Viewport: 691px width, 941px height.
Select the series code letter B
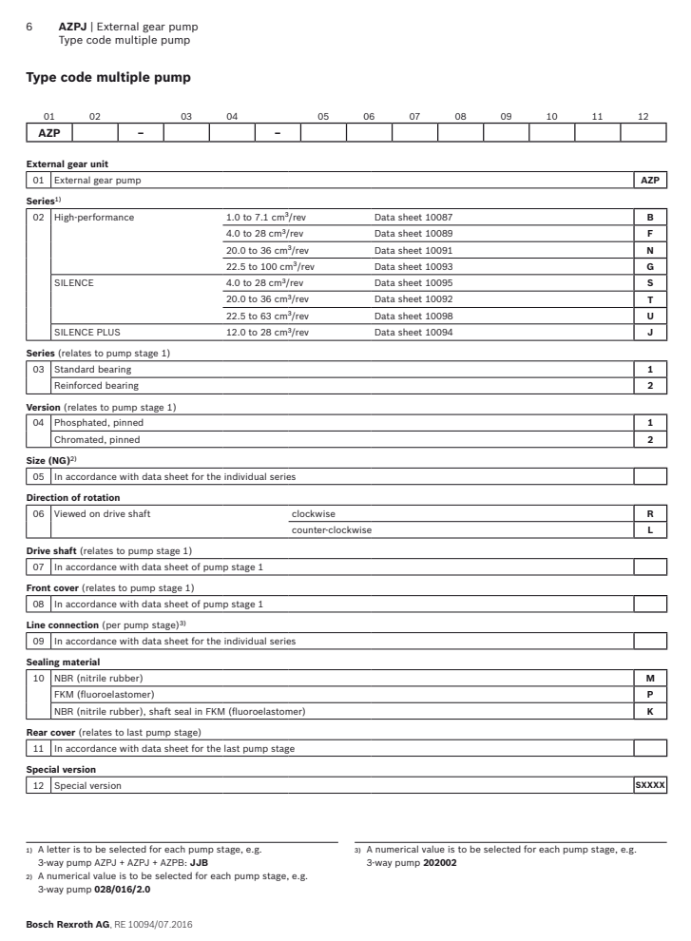tap(651, 217)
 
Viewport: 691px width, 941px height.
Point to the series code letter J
tap(651, 332)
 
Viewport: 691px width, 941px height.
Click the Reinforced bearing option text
tap(96, 385)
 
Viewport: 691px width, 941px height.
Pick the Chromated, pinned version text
tap(97, 439)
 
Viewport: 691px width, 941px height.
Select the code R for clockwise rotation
tap(651, 512)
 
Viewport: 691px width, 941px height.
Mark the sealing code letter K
tap(651, 710)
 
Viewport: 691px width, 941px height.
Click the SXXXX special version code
tap(651, 784)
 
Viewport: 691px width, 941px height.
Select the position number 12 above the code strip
tap(643, 117)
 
